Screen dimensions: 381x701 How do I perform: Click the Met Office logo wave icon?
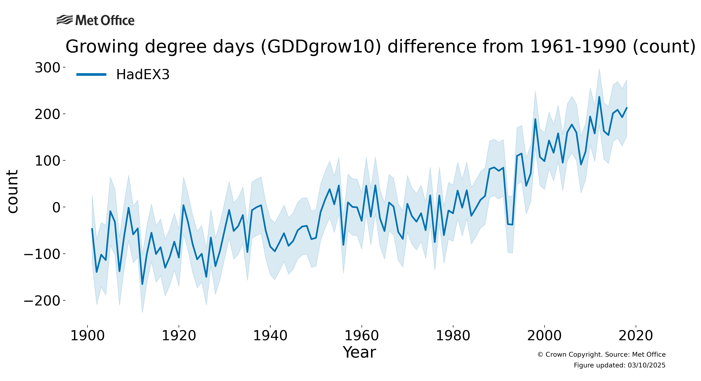[65, 20]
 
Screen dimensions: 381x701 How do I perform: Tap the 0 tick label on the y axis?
[56, 208]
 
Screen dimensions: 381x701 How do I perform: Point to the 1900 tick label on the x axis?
[87, 336]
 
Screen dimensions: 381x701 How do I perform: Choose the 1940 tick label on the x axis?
[270, 336]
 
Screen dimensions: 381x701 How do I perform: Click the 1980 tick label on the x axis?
[453, 336]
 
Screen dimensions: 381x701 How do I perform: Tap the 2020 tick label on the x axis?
[636, 336]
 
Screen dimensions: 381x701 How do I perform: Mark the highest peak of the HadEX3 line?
[599, 97]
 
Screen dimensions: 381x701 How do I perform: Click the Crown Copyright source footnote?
[601, 355]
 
